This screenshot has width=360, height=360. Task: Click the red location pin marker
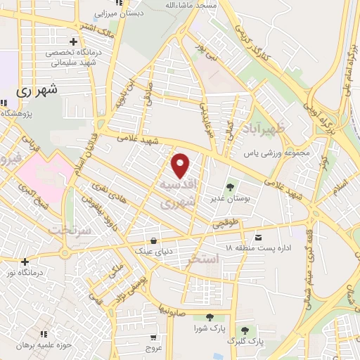pyautogui.click(x=181, y=166)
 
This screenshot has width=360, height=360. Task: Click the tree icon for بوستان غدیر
pyautogui.click(x=230, y=186)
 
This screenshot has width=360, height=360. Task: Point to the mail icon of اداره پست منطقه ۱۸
pyautogui.click(x=258, y=238)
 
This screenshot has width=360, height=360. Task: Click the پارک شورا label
pyautogui.click(x=210, y=328)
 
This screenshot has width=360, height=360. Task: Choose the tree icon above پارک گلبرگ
pyautogui.click(x=245, y=330)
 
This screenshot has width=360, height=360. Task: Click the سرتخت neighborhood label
pyautogui.click(x=71, y=230)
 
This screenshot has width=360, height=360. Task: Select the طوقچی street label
pyautogui.click(x=226, y=223)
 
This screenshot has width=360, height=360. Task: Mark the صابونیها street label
pyautogui.click(x=171, y=307)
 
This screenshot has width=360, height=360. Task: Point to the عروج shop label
pyautogui.click(x=154, y=347)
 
